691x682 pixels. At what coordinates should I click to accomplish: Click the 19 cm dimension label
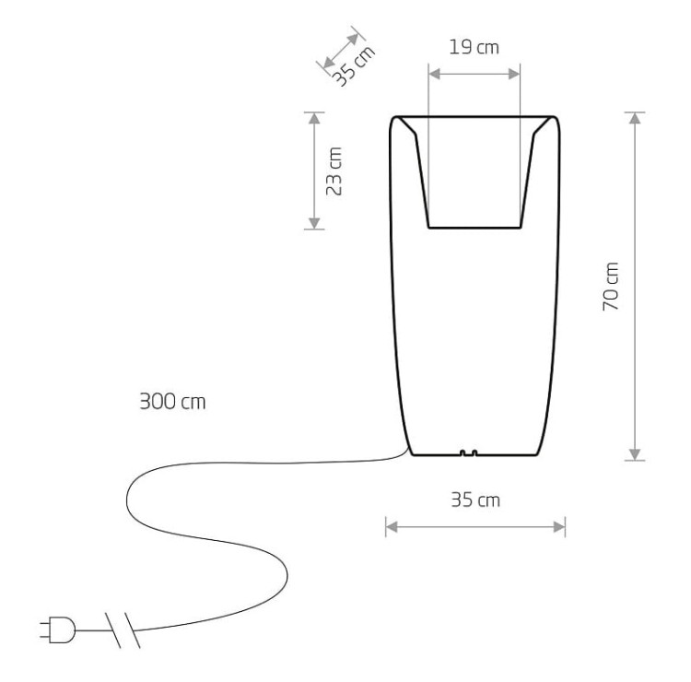pyautogui.click(x=474, y=47)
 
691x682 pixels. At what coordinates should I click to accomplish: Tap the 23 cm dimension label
pyautogui.click(x=334, y=171)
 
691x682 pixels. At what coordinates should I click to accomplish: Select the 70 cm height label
pyautogui.click(x=611, y=286)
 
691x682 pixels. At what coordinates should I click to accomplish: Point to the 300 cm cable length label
pyautogui.click(x=173, y=402)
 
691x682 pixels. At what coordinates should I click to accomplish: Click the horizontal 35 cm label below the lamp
pyautogui.click(x=475, y=500)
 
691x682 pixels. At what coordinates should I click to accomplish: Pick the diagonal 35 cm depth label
pyautogui.click(x=354, y=65)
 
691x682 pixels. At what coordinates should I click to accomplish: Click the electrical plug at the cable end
pyautogui.click(x=57, y=629)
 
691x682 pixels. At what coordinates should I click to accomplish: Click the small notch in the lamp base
pyautogui.click(x=468, y=453)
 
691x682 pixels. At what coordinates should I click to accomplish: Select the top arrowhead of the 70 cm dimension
pyautogui.click(x=635, y=118)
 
